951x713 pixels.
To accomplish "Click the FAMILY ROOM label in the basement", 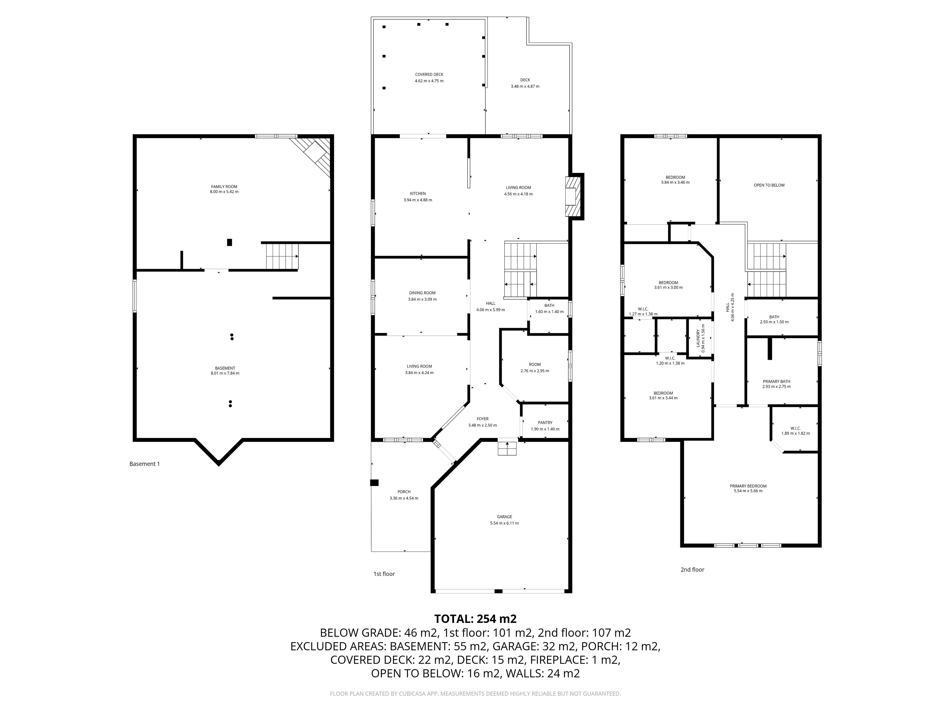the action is (x=224, y=186).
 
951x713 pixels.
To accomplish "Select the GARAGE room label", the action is (x=504, y=517).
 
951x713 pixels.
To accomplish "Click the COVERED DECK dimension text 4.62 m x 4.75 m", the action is (x=429, y=81).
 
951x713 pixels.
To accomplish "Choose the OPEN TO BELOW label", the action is (x=769, y=185).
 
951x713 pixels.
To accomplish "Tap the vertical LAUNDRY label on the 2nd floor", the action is (x=698, y=338).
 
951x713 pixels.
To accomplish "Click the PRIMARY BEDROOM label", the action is (x=748, y=486).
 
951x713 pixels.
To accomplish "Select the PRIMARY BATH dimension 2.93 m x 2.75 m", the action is (x=776, y=386).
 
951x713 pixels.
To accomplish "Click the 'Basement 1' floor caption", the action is (x=144, y=464).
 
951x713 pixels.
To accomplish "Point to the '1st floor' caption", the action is (x=384, y=574).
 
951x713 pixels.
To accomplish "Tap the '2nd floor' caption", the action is (x=692, y=569).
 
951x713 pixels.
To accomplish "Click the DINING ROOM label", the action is (x=422, y=293).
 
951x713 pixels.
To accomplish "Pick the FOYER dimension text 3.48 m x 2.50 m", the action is (x=482, y=425).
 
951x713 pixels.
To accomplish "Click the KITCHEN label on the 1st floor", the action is (x=418, y=193).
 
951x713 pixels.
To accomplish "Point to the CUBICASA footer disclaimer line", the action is (x=475, y=694).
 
